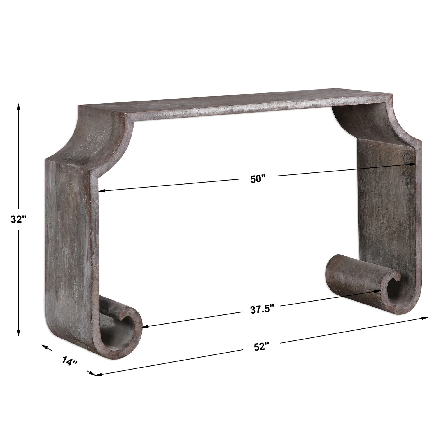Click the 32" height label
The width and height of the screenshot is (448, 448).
point(18,219)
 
